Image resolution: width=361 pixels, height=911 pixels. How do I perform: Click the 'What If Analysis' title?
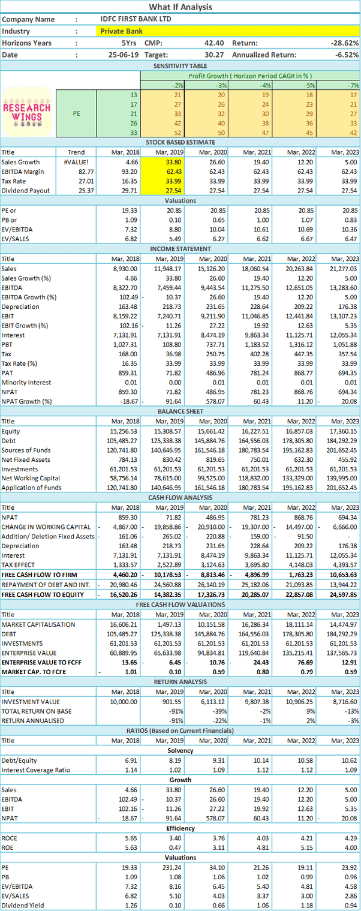(180, 7)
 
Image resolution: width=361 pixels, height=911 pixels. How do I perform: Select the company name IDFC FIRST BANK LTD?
(136, 19)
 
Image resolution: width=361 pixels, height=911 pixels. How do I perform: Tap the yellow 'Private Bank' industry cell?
(228, 31)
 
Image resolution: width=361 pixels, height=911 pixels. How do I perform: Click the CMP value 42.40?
(214, 43)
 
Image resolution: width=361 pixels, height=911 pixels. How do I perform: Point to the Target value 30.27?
(214, 55)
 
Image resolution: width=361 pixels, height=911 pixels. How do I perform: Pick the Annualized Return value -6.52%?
(347, 55)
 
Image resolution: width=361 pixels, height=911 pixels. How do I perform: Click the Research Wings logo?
(27, 113)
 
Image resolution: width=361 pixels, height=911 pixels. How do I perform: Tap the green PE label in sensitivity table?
(76, 113)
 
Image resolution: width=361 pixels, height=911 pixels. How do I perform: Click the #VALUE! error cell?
(76, 162)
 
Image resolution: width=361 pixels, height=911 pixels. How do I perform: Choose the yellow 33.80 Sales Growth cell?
(163, 162)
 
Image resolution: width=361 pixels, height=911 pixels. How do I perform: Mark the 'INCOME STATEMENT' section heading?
(180, 249)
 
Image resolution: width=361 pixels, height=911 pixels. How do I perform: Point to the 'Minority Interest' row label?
(26, 382)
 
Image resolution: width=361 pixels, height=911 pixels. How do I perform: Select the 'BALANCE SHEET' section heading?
(180, 411)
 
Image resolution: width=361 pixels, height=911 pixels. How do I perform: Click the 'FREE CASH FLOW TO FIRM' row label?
(39, 575)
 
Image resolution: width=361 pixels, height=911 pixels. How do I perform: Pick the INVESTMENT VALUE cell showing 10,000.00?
(124, 702)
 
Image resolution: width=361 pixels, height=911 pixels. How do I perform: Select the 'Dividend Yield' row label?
(22, 906)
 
